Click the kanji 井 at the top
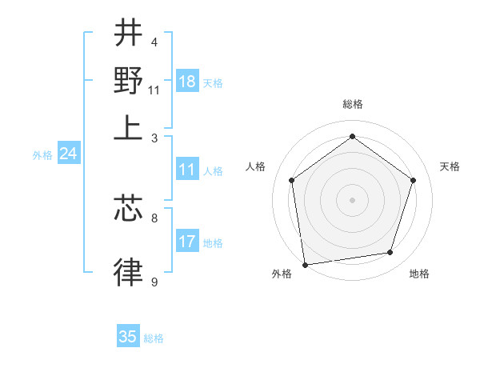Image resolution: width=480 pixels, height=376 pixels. tap(128, 34)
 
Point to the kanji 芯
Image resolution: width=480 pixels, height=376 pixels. tap(128, 208)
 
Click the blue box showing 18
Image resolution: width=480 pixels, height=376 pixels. tap(187, 82)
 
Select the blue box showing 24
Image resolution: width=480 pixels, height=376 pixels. tap(68, 154)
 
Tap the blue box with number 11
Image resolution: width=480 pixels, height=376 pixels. tap(187, 170)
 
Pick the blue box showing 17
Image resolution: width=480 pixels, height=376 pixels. tap(187, 242)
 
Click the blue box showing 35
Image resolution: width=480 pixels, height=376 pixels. tap(128, 337)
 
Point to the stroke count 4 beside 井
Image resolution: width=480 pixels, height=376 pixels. tap(154, 42)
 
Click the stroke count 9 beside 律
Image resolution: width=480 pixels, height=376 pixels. tap(154, 282)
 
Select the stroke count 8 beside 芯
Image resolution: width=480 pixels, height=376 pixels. tap(154, 217)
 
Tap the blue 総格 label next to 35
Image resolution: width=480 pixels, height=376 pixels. tap(154, 338)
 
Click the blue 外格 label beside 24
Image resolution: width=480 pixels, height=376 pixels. tap(42, 155)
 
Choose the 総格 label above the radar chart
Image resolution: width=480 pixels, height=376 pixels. tap(352, 104)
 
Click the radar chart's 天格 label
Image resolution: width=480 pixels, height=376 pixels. tap(450, 166)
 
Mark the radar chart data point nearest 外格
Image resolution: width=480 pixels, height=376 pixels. tap(305, 264)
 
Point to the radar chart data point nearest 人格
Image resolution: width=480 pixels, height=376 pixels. tap(291, 180)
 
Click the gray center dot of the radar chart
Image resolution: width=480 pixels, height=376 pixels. tap(352, 199)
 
